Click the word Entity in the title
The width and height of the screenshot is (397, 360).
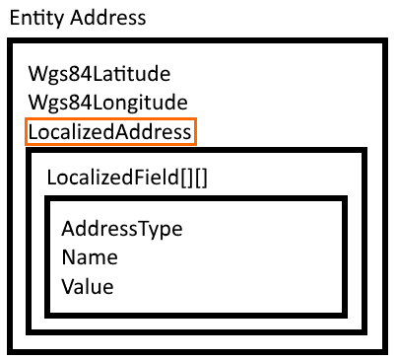pos(36,18)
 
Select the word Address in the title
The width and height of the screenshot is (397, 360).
pos(108,18)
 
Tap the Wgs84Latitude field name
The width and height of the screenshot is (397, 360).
pos(99,74)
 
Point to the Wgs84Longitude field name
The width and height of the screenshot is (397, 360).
pos(108,103)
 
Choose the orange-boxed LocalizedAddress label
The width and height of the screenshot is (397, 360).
pos(109,132)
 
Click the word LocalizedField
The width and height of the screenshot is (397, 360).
pos(112,178)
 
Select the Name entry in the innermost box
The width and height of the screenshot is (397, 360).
pos(90,257)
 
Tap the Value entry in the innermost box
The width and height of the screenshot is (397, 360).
pos(88,286)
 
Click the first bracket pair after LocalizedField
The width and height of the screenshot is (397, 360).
pos(186,178)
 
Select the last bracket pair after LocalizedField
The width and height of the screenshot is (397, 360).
pos(201,178)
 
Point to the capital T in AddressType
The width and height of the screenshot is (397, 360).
pos(146,228)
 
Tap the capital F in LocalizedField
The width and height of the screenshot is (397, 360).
pos(138,177)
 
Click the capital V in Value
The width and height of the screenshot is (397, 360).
pos(69,286)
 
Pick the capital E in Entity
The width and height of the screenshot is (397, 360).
pos(15,18)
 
